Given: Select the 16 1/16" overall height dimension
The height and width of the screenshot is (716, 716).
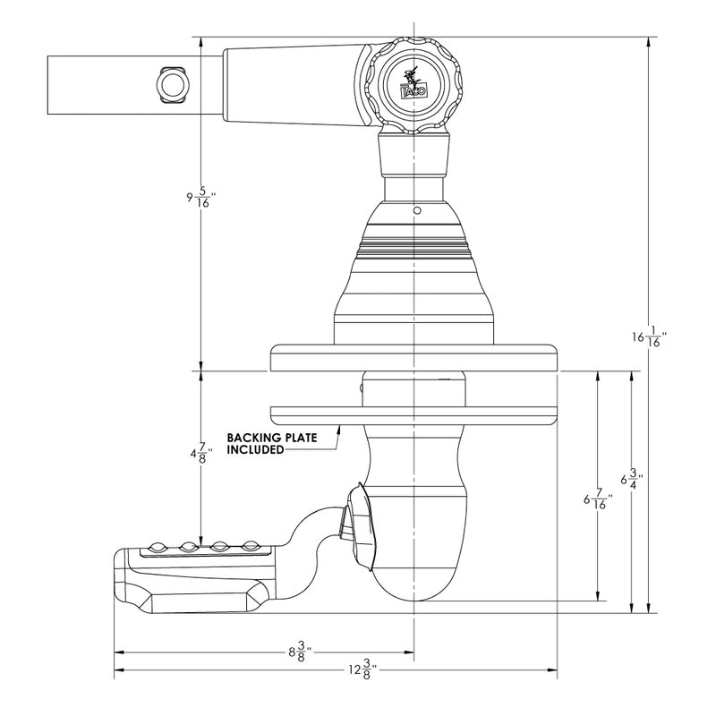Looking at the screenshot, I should click(x=650, y=337).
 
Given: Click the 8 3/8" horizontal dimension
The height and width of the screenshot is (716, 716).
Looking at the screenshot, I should click(x=300, y=651).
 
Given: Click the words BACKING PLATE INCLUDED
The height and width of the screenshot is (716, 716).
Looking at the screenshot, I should click(x=260, y=444).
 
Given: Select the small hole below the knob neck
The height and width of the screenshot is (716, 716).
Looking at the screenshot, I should click(x=416, y=211).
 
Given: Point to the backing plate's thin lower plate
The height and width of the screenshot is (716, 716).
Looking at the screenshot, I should click(x=413, y=414).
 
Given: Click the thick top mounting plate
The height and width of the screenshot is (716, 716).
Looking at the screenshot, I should click(x=413, y=358).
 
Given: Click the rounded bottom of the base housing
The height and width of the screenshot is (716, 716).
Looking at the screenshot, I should click(x=413, y=582).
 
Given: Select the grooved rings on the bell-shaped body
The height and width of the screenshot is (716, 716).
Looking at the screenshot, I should click(x=413, y=245).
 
